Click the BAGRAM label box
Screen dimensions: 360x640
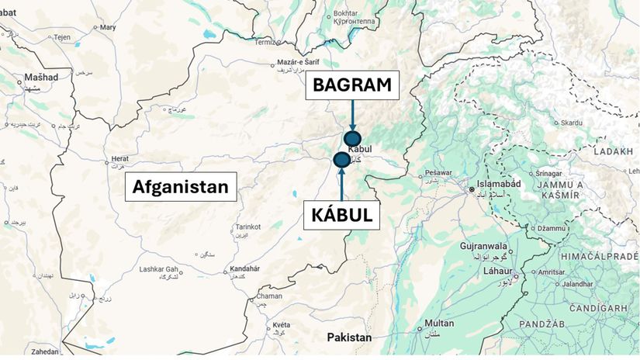pyautogui.click(x=352, y=85)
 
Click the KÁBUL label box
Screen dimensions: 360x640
pyautogui.click(x=342, y=215)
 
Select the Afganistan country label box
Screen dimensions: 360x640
pyautogui.click(x=181, y=186)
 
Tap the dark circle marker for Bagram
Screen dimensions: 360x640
pyautogui.click(x=353, y=139)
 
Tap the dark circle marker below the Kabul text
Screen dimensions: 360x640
pyautogui.click(x=341, y=160)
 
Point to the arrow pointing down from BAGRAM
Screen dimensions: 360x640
pyautogui.click(x=353, y=115)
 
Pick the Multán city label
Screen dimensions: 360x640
pyautogui.click(x=438, y=323)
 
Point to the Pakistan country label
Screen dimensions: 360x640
pyautogui.click(x=349, y=338)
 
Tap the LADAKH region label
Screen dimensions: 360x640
pyautogui.click(x=613, y=153)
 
